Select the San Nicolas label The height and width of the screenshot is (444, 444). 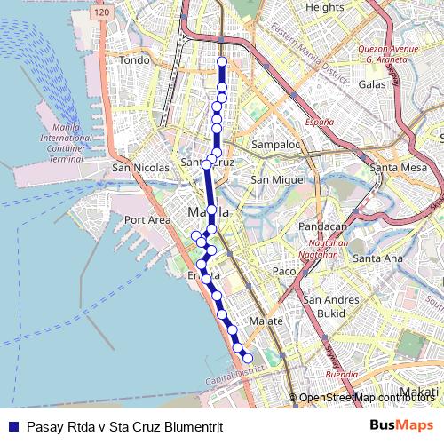pos(134,167)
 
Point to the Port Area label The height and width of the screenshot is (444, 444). pos(147,219)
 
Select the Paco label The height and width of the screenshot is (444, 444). pos(283,271)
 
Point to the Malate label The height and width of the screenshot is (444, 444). pos(266,321)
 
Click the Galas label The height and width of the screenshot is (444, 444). pos(371,83)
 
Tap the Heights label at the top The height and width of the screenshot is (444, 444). pos(324,7)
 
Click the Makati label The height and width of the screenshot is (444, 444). pos(419,392)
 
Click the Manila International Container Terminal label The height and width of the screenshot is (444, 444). pos(66,143)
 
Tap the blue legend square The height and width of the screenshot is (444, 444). pos(12,426)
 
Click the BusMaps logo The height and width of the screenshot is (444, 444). pos(401,426)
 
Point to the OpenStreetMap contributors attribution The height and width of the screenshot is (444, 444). pos(367,398)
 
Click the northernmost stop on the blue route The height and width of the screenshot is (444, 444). pos(222,61)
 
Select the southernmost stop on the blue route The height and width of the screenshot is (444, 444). pos(248,358)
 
